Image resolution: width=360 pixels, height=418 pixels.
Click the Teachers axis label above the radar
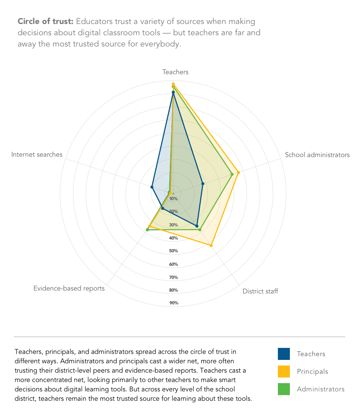175,72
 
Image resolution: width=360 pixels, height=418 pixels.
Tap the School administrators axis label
317,155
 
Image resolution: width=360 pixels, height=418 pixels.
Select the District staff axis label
260,291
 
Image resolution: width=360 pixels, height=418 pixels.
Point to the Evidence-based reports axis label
69,288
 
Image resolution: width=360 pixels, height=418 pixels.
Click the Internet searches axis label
37,154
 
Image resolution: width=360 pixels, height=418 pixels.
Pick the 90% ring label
174,303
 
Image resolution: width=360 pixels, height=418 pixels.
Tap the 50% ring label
174,251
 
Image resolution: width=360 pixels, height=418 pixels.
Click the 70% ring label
174,277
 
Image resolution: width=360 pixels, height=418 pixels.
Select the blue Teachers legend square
284,354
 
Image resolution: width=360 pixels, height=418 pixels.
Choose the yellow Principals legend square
284,372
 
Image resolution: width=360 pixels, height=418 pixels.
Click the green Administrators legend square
284,389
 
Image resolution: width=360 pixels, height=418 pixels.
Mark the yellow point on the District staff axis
211,245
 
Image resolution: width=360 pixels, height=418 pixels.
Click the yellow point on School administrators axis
238,172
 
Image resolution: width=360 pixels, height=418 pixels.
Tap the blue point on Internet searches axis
152,187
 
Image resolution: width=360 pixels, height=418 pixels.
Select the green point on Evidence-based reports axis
147,229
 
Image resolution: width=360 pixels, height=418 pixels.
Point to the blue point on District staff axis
197,226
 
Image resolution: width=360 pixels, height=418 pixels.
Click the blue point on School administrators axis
202,184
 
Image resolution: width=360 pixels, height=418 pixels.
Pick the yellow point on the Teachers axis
173,84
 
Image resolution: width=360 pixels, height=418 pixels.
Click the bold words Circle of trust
45,21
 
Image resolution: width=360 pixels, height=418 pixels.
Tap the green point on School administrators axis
232,174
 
